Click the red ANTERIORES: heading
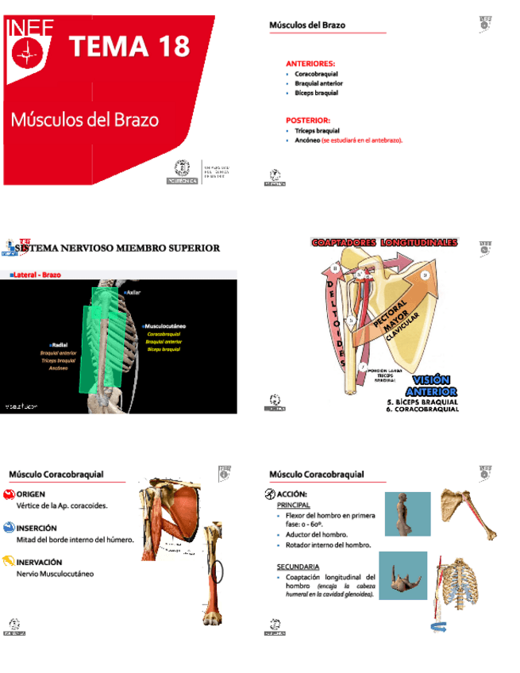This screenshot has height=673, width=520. [310, 63]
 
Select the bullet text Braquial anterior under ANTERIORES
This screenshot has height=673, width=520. [318, 83]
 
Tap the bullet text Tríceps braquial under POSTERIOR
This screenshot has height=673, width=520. [317, 130]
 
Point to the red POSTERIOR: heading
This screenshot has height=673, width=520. [307, 120]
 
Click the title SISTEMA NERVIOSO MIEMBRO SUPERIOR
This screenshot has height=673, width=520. [117, 248]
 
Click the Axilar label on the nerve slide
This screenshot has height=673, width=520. [134, 292]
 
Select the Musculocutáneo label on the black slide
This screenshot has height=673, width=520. [166, 325]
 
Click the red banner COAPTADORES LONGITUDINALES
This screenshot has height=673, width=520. [385, 241]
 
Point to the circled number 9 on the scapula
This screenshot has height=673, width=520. [425, 275]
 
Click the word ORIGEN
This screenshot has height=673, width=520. [31, 494]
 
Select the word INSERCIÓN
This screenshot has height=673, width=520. [37, 527]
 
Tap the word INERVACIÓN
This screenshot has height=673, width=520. [40, 560]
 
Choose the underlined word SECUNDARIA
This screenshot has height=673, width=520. [298, 567]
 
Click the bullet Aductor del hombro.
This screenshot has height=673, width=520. [317, 535]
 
